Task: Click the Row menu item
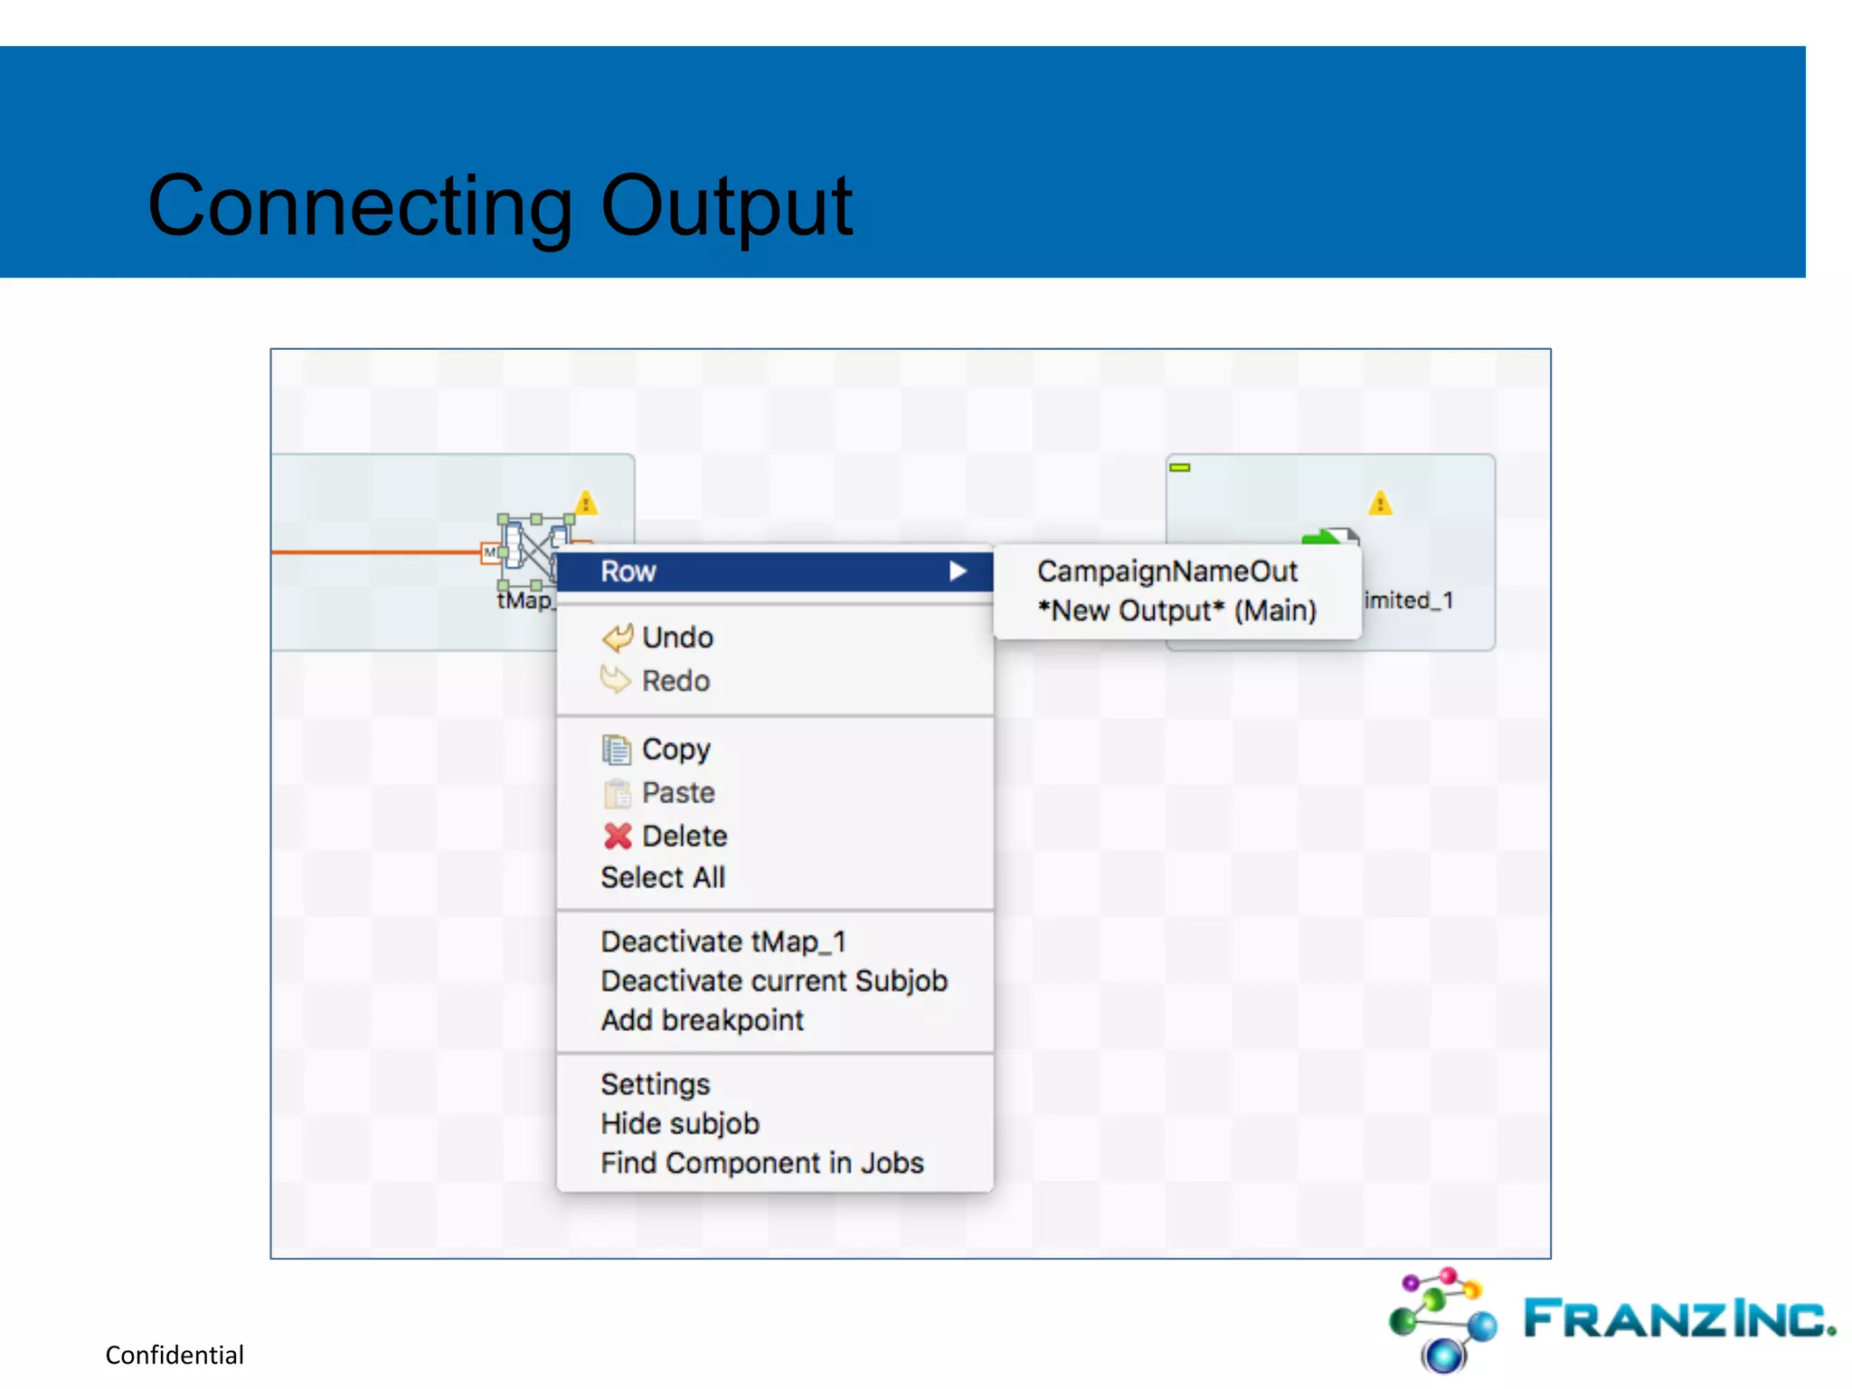tap(628, 572)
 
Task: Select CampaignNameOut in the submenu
tap(1167, 572)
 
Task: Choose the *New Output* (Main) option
tap(1176, 610)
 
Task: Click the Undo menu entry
tap(676, 638)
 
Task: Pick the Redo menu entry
tap(675, 681)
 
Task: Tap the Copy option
tap(676, 749)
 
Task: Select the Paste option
tap(677, 793)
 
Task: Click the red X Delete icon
tap(618, 836)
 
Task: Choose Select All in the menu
tap(663, 877)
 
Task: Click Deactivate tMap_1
tap(723, 941)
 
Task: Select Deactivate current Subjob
tap(774, 981)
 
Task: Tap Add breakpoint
tap(702, 1020)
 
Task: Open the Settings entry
tap(655, 1083)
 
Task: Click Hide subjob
tap(680, 1123)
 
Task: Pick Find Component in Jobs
tap(761, 1163)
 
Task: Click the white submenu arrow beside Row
tap(958, 571)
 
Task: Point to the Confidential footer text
tap(175, 1355)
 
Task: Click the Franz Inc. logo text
tap(1678, 1318)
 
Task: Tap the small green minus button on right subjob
tap(1180, 468)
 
